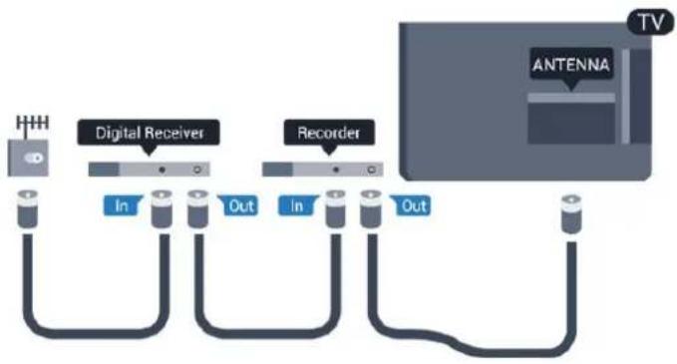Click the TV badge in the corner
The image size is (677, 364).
tap(650, 22)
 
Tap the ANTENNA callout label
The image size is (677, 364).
tap(571, 66)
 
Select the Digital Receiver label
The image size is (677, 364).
tap(149, 133)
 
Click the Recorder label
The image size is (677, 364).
tap(329, 133)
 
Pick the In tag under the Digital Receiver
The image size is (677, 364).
tap(123, 205)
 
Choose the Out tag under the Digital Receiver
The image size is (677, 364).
tap(238, 205)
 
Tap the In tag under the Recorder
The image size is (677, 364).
tap(297, 205)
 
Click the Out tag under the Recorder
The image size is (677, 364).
tap(412, 205)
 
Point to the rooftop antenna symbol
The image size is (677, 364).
tap(32, 126)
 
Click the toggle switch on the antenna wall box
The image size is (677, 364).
tap(34, 158)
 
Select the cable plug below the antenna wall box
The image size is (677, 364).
tap(28, 208)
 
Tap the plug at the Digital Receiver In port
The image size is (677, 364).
tap(162, 208)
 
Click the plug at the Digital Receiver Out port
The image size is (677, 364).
tap(197, 208)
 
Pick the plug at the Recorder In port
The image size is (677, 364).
tap(335, 208)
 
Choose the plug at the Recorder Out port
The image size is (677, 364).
tap(371, 208)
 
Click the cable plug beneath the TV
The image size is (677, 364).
tap(570, 214)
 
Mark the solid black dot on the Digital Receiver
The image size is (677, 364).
tap(162, 170)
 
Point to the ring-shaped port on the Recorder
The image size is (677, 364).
tap(372, 170)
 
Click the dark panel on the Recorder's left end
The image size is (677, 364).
tap(277, 170)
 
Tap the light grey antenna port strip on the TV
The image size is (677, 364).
tap(571, 98)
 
